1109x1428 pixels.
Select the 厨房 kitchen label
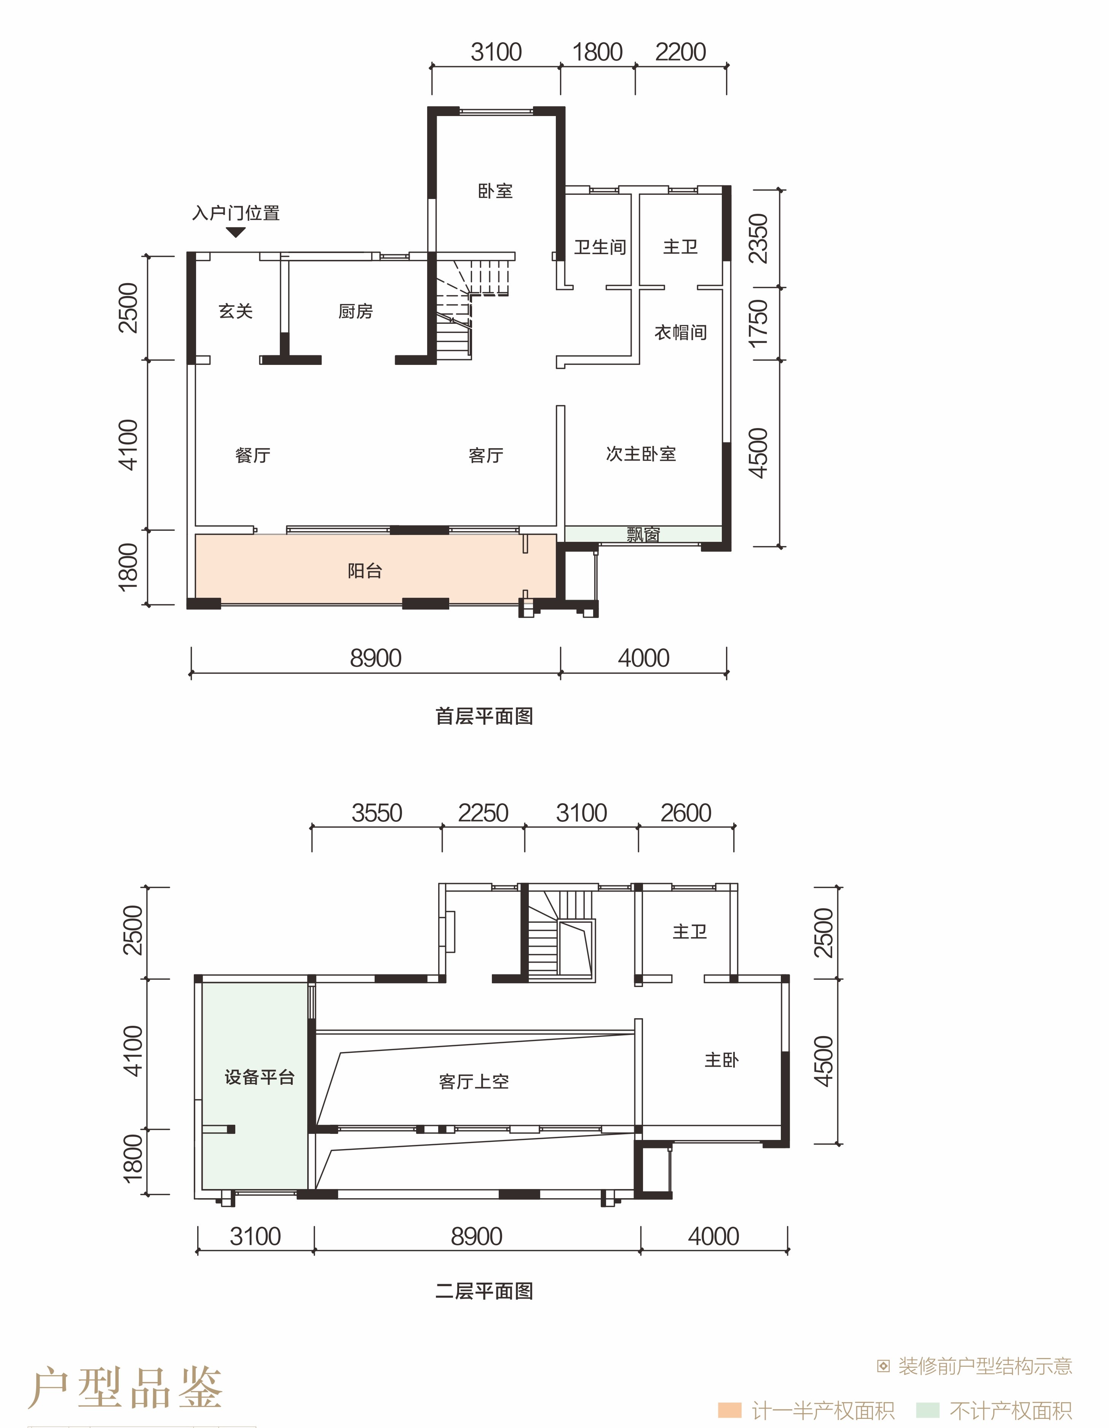pos(355,311)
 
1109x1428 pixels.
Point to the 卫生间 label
pos(600,247)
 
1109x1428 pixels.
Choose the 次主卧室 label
pos(640,454)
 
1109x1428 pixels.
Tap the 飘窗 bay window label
pos(643,535)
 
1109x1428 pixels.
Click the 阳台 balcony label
pos(364,571)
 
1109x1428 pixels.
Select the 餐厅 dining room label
pos(252,455)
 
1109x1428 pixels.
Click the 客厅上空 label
pos(474,1081)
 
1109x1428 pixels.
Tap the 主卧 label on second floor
pos(722,1060)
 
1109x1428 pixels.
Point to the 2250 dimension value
pos(483,813)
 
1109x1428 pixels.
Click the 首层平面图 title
pos(484,716)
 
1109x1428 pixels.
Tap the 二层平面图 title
pos(484,1291)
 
